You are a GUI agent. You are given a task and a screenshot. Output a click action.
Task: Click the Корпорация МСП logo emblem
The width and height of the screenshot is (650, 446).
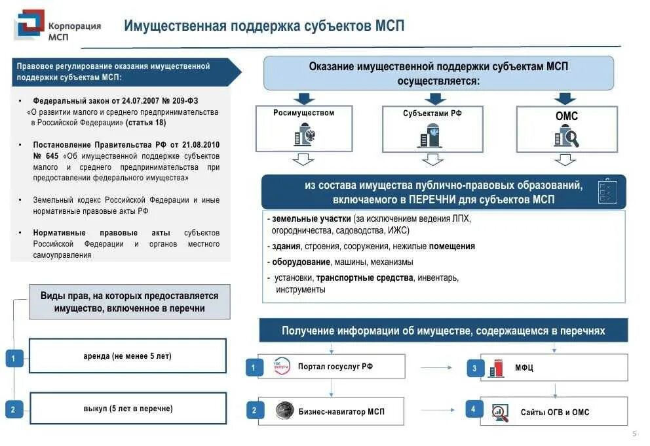29,26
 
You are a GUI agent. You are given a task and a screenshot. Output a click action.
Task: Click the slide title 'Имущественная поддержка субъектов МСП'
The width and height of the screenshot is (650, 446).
264,26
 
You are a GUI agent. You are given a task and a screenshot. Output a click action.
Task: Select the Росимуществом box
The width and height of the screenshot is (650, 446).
303,128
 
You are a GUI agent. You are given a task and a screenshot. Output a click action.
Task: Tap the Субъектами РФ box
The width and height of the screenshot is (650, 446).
432,128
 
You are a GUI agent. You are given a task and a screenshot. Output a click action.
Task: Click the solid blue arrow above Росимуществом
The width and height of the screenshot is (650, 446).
303,99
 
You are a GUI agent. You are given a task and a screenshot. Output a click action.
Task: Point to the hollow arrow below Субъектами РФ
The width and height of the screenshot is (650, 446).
432,159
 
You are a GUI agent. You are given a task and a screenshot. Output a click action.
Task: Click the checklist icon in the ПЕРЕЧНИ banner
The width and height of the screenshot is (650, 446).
605,191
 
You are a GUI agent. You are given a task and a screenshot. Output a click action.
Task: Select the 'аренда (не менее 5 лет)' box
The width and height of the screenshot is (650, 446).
128,356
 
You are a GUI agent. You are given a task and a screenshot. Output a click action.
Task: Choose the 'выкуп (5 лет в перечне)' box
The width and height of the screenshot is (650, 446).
128,409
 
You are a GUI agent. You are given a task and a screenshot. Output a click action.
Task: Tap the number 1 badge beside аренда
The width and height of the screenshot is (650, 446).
14,358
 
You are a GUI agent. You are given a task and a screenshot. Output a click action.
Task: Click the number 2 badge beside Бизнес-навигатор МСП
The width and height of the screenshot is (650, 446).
254,411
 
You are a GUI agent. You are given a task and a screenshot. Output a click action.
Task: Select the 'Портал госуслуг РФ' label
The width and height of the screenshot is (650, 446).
335,367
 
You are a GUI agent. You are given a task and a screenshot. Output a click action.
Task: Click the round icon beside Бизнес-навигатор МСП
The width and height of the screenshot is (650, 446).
284,411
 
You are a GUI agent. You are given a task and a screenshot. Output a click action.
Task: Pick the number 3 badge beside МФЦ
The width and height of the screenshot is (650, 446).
474,368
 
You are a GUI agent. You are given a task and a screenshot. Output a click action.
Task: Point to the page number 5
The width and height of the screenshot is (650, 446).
634,434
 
